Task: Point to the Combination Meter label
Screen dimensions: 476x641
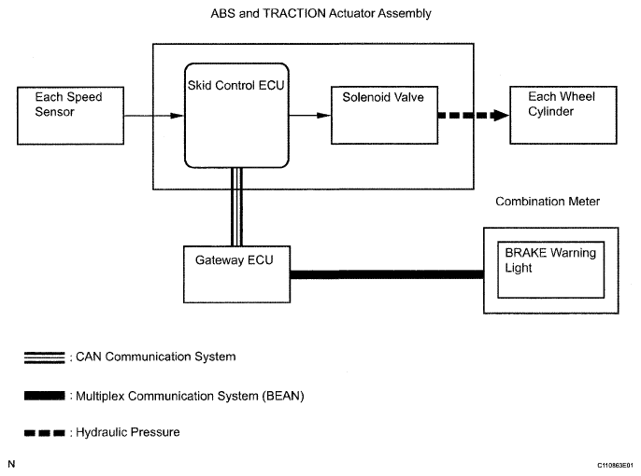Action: click(548, 202)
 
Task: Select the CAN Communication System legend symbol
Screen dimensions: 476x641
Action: click(46, 357)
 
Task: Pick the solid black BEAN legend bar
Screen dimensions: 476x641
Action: click(46, 395)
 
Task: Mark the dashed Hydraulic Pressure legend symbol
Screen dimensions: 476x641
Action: click(46, 432)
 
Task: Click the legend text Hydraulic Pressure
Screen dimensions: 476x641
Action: click(127, 433)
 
